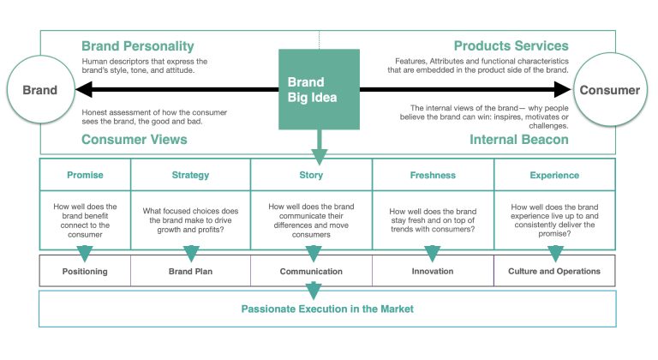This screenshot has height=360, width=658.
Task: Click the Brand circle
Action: click(x=39, y=89)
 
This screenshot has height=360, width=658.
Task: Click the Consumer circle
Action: click(x=609, y=89)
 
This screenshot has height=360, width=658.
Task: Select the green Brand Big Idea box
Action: click(x=319, y=89)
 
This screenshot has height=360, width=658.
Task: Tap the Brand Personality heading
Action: click(x=138, y=46)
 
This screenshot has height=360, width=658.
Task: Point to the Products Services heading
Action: click(x=511, y=46)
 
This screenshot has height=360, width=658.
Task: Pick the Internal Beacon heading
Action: click(x=518, y=139)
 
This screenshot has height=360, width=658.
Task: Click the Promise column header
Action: click(x=85, y=175)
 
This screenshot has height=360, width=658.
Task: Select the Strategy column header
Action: click(x=190, y=175)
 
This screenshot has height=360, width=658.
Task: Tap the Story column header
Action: click(x=312, y=175)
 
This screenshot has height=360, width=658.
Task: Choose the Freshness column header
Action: click(x=434, y=175)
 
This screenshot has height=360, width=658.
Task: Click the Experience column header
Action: click(x=554, y=175)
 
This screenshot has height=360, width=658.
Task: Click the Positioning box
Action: click(x=85, y=272)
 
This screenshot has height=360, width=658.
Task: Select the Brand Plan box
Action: click(x=190, y=272)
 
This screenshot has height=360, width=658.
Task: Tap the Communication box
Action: click(x=312, y=272)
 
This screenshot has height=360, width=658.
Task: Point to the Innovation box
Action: click(x=434, y=272)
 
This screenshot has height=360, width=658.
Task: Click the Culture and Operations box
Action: click(x=554, y=272)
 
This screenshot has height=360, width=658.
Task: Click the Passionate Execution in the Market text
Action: click(x=327, y=308)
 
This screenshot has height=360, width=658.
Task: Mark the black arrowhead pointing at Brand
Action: click(x=83, y=89)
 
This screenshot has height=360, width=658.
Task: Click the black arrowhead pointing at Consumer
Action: click(x=563, y=89)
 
